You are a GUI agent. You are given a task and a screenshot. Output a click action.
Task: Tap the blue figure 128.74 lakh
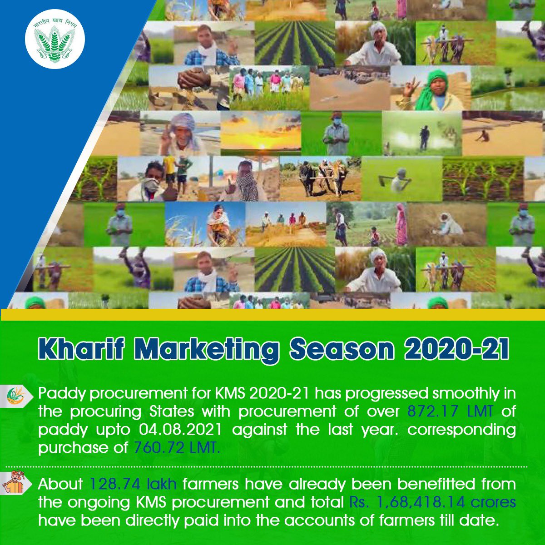pos(133,484)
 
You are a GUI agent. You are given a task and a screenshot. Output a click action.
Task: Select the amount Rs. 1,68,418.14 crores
pos(432,502)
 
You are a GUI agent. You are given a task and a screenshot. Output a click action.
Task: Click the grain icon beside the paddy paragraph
pos(17,396)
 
